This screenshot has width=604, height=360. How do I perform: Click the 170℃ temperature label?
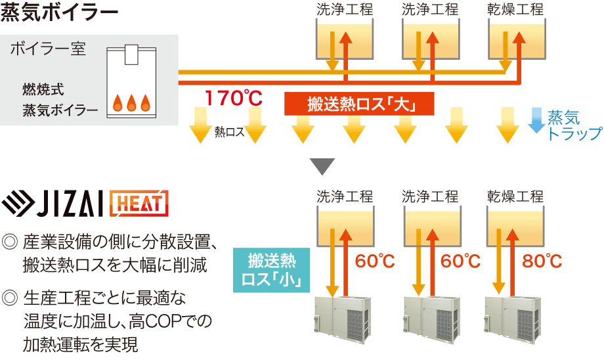[x=233, y=99]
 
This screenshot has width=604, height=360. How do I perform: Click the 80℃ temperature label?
[x=542, y=261]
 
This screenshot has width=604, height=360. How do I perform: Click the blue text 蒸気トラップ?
[x=573, y=125]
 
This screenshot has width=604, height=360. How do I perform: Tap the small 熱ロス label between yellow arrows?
[x=229, y=132]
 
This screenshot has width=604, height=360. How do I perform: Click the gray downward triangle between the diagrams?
[x=321, y=166]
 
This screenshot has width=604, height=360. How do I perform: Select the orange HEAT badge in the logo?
[x=139, y=203]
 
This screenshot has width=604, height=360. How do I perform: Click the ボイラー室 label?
[x=48, y=49]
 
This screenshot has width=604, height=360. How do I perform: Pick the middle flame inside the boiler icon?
[x=131, y=102]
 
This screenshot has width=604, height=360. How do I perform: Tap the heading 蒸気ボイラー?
[x=60, y=12]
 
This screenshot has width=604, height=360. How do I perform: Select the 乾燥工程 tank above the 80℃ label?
[x=515, y=227]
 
